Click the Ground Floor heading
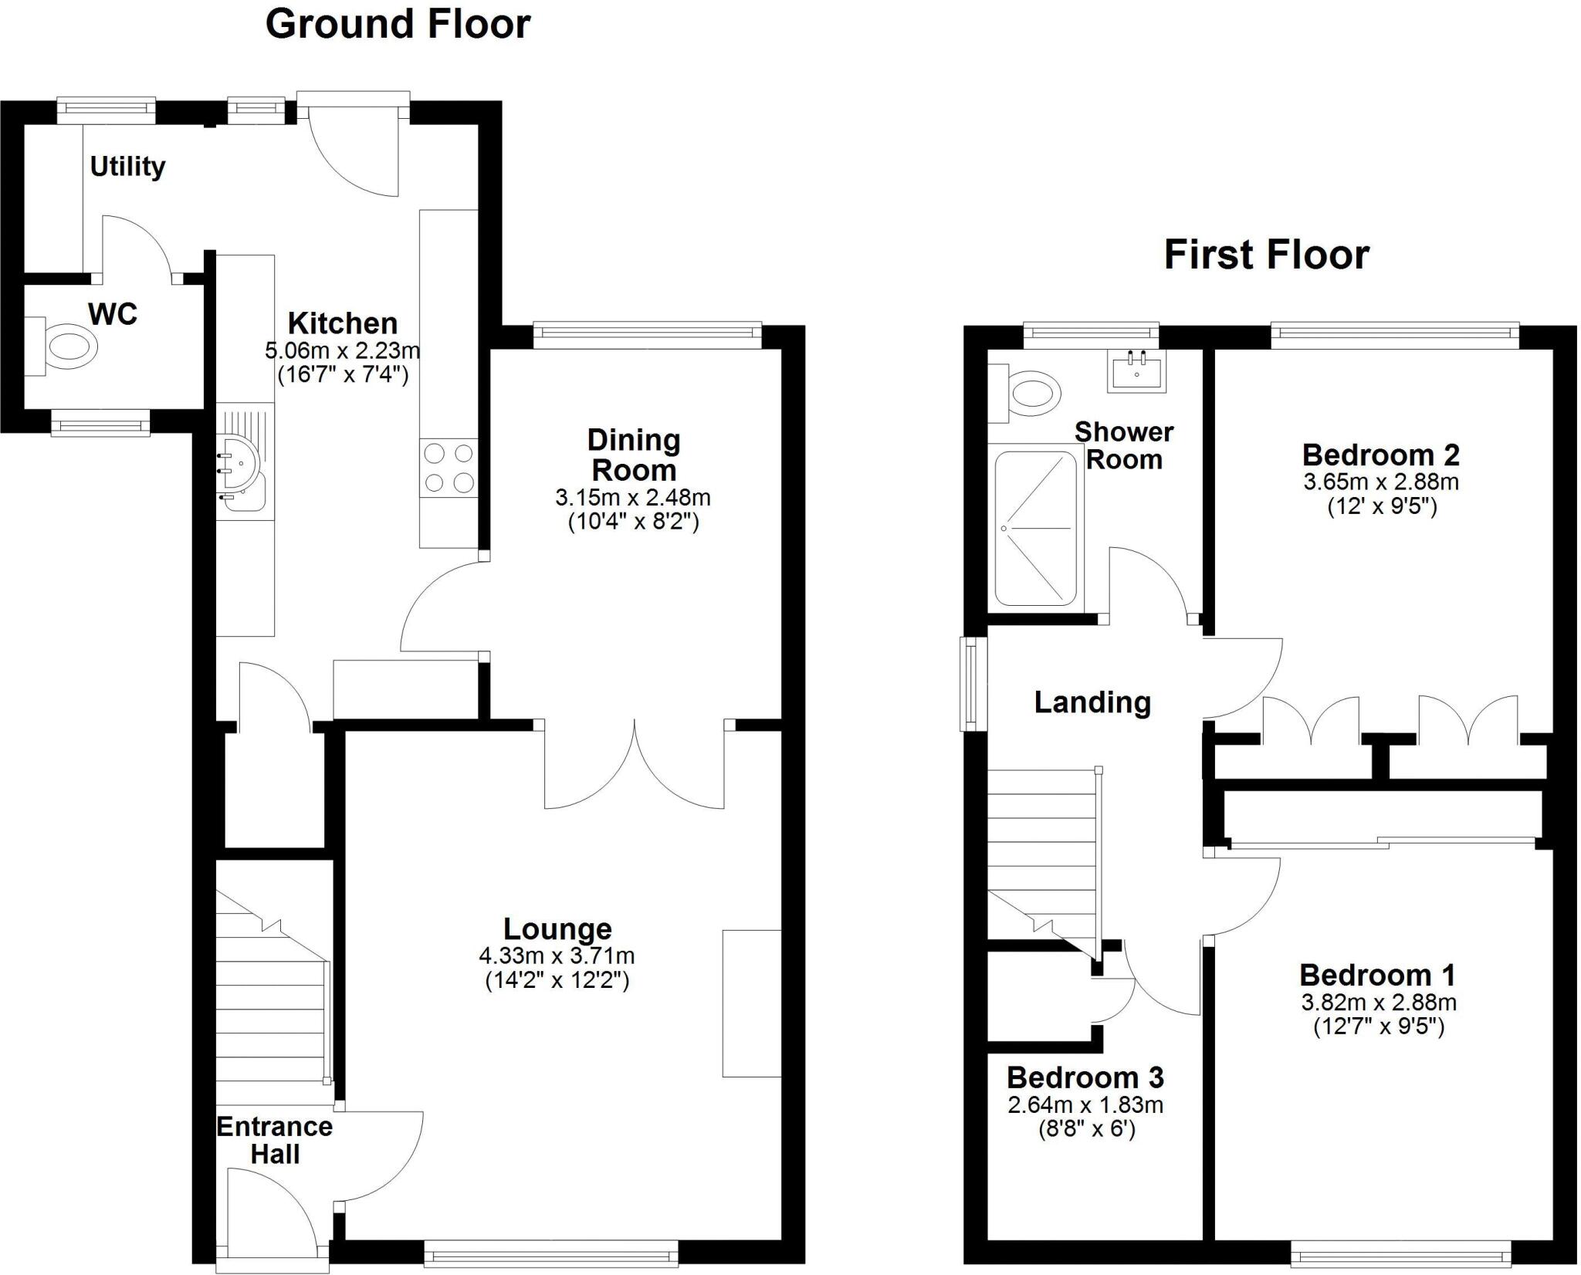(398, 25)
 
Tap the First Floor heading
(1266, 255)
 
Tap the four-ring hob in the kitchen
(449, 467)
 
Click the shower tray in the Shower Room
(1035, 528)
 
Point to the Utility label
(127, 167)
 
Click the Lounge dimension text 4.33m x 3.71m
(557, 956)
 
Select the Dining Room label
(634, 455)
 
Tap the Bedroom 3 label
(1085, 1077)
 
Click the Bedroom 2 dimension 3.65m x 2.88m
(1381, 482)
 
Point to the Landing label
(1092, 702)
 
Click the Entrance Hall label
(275, 1141)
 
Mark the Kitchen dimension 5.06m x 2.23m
(343, 350)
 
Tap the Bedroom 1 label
(1377, 976)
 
